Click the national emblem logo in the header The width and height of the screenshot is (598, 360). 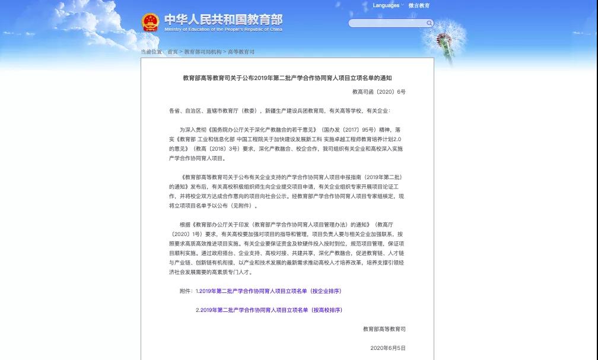pos(151,23)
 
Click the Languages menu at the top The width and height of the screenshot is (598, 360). pos(386,5)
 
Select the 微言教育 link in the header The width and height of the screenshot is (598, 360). pos(419,5)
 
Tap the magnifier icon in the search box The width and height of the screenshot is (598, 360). pos(429,23)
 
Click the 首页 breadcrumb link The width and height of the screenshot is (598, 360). pos(173,52)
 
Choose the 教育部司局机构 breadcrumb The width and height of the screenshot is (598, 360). pos(202,52)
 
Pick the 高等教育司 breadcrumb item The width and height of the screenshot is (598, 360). pos(241,52)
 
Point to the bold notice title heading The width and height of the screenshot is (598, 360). pos(287,78)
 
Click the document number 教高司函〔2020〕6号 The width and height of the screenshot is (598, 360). pos(379,92)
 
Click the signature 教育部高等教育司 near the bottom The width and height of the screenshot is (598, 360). pos(384,329)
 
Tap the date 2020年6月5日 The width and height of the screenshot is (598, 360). pos(388,348)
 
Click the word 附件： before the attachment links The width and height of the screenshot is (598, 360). pos(187,291)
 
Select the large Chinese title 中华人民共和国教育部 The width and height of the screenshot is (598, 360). pos(223,20)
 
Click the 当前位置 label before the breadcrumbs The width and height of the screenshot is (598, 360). pos(151,52)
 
